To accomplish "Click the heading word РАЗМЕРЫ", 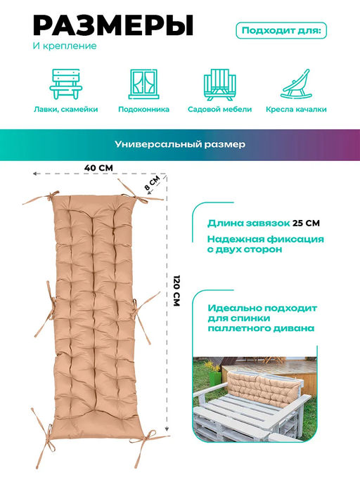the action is click(x=113, y=25).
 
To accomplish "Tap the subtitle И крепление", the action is click(x=65, y=46).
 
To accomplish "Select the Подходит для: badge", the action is click(x=281, y=31).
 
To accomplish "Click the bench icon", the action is click(x=66, y=84).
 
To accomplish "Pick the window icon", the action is click(x=143, y=84).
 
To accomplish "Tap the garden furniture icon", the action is click(x=219, y=84).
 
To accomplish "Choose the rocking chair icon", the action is click(x=296, y=84).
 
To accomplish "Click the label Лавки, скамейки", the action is click(x=66, y=110).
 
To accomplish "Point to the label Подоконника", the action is click(x=143, y=110).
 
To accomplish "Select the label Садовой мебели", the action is click(x=219, y=110).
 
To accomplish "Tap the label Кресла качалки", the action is click(x=296, y=110).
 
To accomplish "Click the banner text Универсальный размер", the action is click(x=180, y=144).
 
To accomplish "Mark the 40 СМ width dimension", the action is click(x=98, y=168).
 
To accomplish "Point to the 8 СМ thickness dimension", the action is click(x=153, y=183).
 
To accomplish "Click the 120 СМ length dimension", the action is click(x=176, y=291).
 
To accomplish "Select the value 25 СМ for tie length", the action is click(x=306, y=223).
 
